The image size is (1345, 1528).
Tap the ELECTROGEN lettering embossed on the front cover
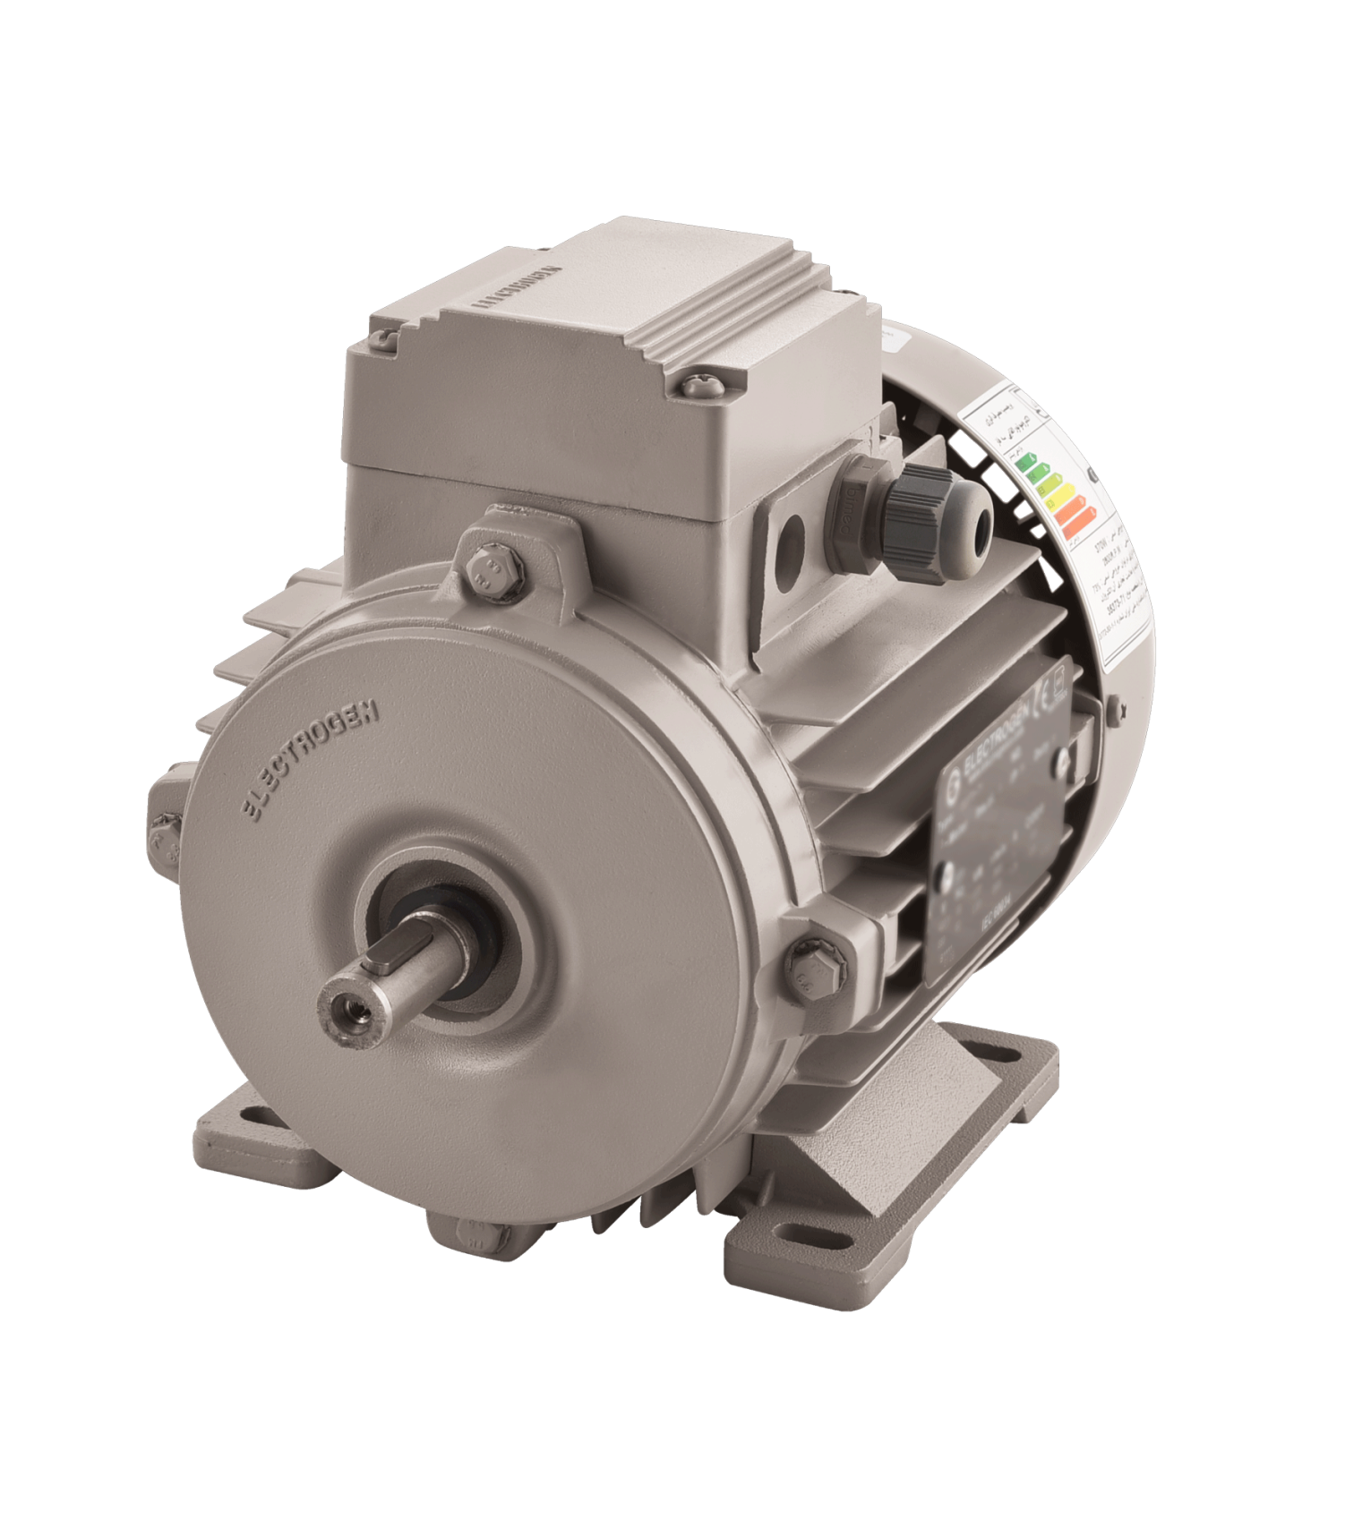tap(312, 760)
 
